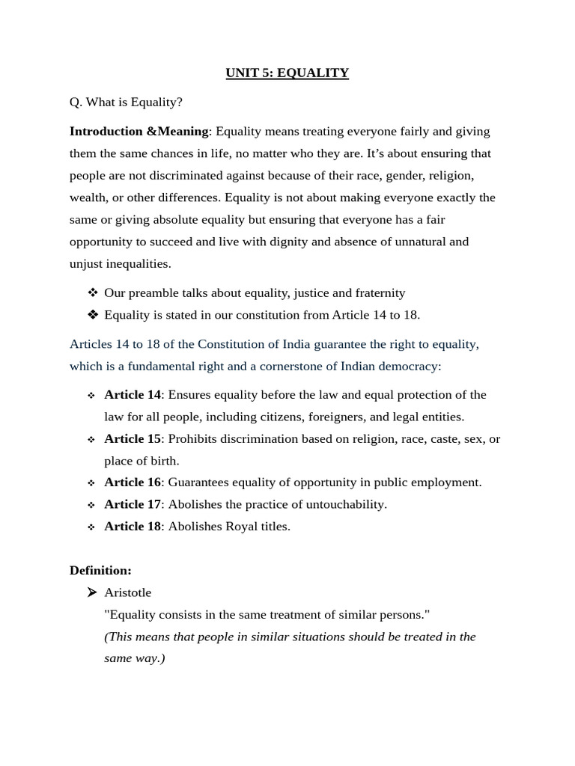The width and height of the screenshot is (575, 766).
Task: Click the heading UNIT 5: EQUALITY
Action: click(287, 73)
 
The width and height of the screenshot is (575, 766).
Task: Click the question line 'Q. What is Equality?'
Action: click(126, 102)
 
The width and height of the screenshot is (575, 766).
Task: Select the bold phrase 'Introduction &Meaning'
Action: click(139, 132)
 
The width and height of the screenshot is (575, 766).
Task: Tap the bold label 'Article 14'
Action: click(132, 395)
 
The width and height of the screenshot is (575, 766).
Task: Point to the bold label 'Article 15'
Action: click(132, 439)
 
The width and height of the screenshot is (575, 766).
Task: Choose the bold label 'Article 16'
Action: click(132, 482)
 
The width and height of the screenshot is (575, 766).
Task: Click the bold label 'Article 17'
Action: click(132, 504)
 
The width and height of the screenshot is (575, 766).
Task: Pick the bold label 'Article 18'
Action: click(132, 527)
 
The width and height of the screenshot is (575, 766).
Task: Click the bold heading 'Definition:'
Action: click(100, 571)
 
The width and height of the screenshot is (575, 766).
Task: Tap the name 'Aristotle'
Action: click(127, 593)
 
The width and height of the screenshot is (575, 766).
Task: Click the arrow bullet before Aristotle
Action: click(91, 592)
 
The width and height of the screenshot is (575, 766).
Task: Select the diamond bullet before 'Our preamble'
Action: click(92, 293)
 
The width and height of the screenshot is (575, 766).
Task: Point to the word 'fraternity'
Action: click(378, 293)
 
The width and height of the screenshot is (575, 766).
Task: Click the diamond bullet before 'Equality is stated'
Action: click(92, 315)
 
